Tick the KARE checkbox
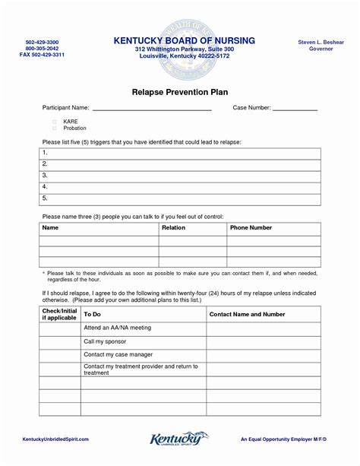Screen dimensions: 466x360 (x=55, y=121)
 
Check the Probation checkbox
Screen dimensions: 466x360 (x=55, y=128)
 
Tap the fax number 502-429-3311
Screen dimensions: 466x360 (x=42, y=55)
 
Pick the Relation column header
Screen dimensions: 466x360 (x=173, y=228)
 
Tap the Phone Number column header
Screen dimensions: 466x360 (x=251, y=228)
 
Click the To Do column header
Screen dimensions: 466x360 (x=92, y=314)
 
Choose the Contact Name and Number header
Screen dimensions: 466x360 (x=248, y=314)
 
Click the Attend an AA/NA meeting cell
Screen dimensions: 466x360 (x=118, y=328)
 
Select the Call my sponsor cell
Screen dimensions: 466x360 (x=104, y=341)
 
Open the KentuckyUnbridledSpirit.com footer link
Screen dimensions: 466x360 (x=60, y=439)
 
